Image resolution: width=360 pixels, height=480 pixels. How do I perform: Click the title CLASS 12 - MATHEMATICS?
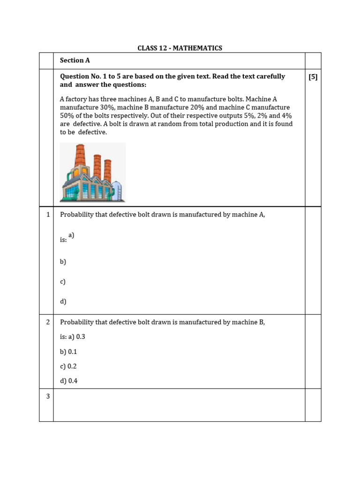[x=180, y=48]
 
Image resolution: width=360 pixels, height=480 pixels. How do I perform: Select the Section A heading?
[x=75, y=60]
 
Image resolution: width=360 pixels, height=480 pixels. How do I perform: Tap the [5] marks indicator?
[x=313, y=77]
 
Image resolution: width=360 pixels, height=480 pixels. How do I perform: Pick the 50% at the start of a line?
[x=68, y=116]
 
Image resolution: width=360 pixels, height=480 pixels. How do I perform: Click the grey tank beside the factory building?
[x=117, y=190]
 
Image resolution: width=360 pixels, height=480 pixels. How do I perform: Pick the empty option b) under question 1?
[x=63, y=262]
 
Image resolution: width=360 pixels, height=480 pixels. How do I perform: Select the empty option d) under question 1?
[x=63, y=301]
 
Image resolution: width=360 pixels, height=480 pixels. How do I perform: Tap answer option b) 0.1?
[x=68, y=352]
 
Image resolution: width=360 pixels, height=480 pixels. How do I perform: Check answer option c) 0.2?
[x=68, y=366]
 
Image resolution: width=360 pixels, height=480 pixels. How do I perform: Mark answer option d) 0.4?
[x=68, y=381]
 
